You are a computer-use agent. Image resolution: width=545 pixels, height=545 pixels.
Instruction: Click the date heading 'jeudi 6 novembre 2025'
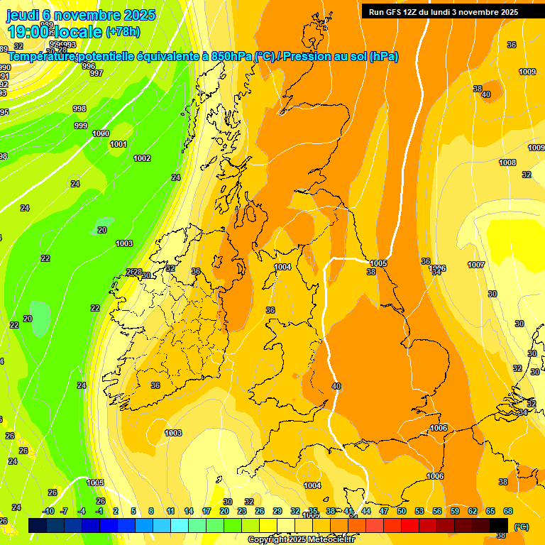(x=81, y=15)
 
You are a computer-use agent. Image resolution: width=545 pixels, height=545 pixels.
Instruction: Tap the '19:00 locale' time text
(x=55, y=32)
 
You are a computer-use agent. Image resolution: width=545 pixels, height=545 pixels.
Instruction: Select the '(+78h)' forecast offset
(x=123, y=32)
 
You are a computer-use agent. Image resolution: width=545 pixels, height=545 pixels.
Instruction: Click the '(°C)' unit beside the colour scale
(x=520, y=527)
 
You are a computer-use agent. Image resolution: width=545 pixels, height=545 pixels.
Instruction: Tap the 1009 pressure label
(x=527, y=72)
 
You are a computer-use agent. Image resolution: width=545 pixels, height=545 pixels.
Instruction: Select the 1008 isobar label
(x=507, y=163)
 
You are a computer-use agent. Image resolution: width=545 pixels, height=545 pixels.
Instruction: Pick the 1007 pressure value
(x=476, y=265)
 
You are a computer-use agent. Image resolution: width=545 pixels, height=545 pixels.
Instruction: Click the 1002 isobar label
(x=142, y=158)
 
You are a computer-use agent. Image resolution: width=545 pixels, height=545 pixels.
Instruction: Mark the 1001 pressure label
(x=119, y=144)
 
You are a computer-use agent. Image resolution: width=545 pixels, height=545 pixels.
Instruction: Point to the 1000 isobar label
(x=101, y=133)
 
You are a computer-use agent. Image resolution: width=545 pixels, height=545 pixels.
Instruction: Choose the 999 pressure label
(x=81, y=126)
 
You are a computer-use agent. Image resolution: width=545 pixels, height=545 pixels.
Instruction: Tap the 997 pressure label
(x=97, y=73)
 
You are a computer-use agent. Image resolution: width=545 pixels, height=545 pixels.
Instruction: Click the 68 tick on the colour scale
(x=508, y=511)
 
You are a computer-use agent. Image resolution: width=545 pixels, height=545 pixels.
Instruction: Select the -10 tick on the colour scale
(x=48, y=511)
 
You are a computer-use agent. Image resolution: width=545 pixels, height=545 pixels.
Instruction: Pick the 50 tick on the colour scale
(x=402, y=511)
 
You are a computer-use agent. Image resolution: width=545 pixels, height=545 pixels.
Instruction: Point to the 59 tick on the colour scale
(x=455, y=511)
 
